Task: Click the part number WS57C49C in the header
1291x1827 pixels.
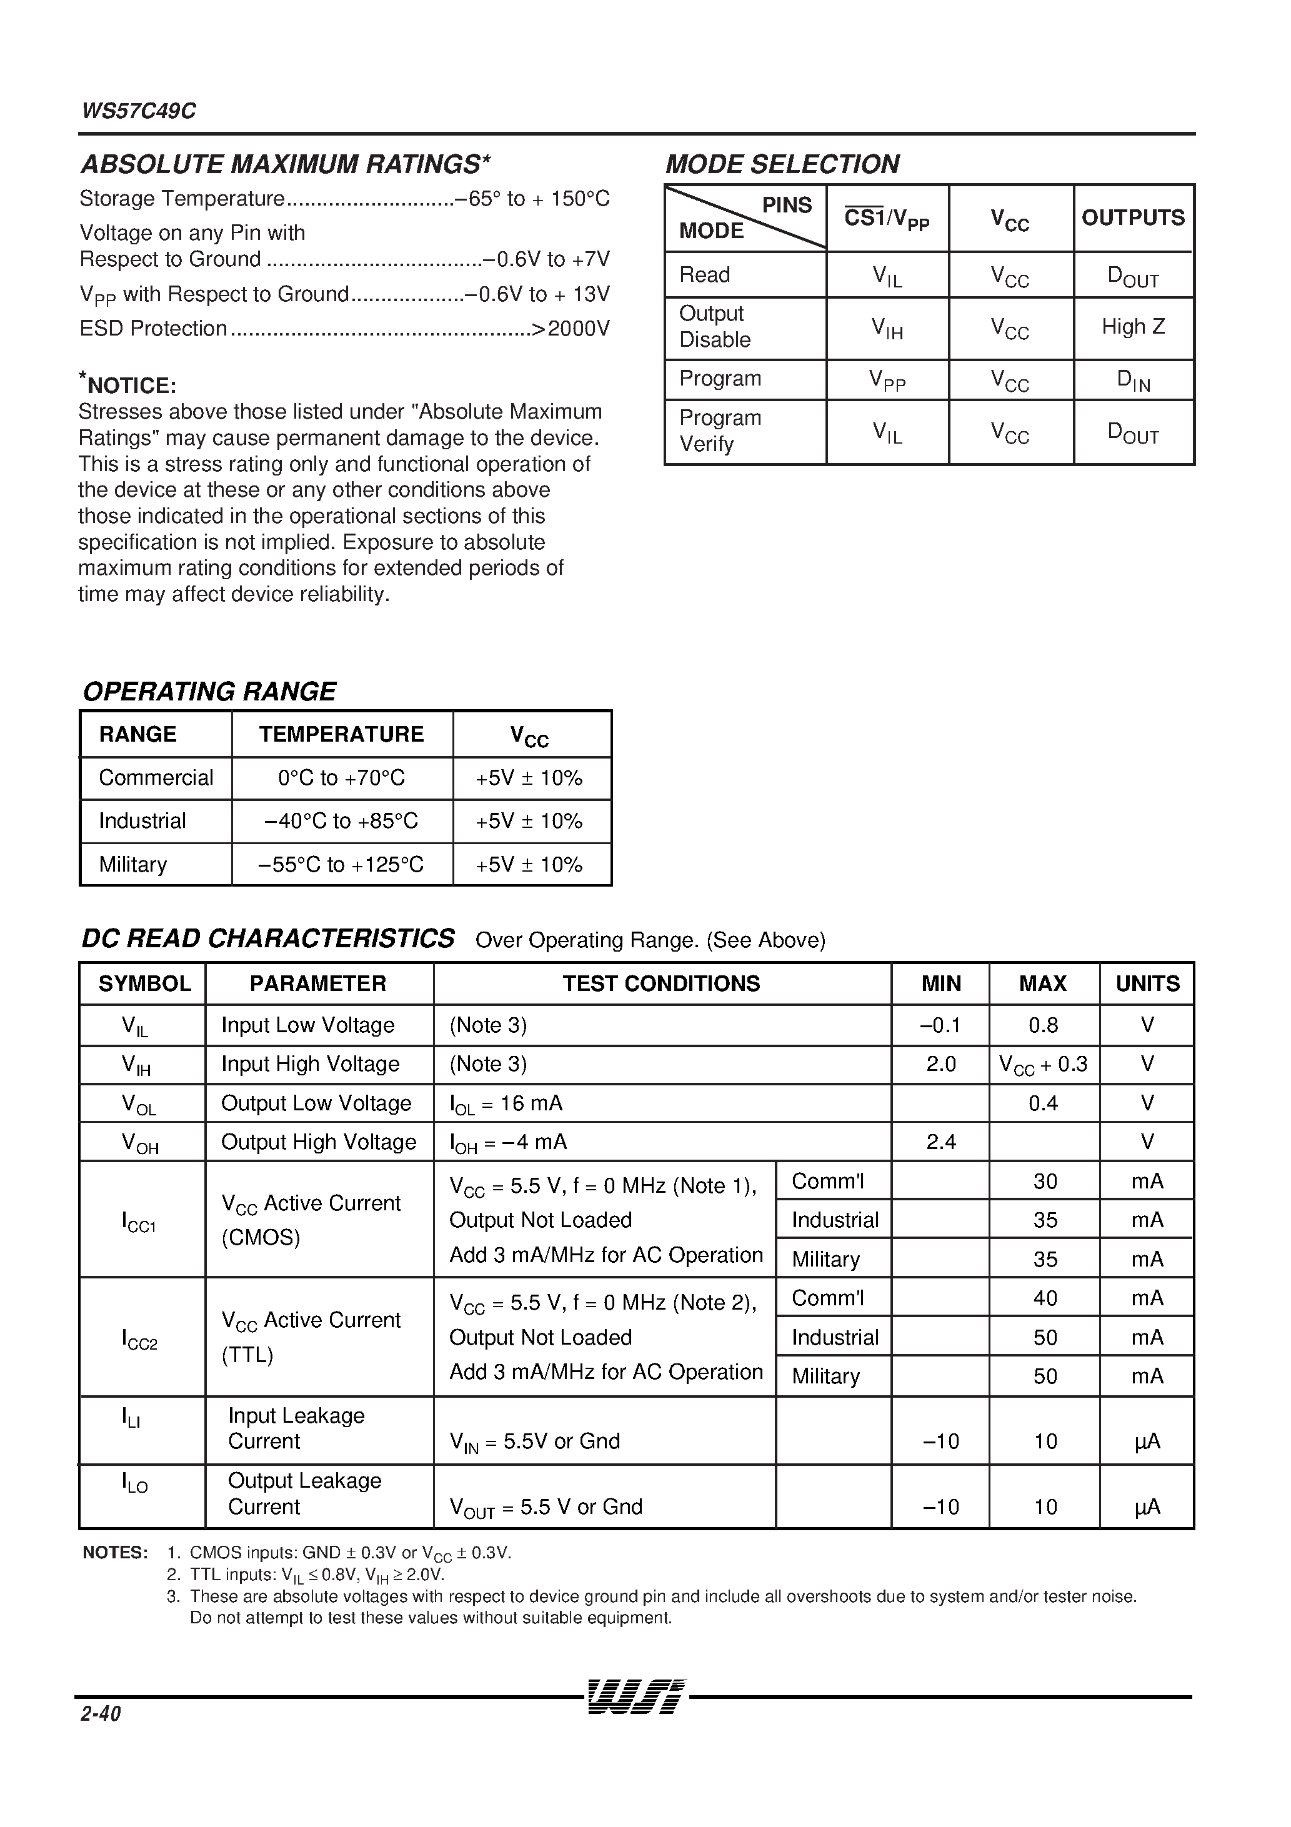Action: [139, 111]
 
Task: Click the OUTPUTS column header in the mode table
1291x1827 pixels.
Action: [1133, 218]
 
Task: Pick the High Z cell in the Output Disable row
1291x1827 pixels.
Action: [1133, 326]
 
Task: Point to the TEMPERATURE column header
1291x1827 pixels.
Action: [341, 734]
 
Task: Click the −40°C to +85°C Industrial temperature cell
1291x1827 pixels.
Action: [341, 820]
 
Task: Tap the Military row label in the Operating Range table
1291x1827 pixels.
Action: [133, 864]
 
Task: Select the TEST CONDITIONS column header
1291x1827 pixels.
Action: [660, 983]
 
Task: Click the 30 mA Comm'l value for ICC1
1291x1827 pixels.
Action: [1044, 1181]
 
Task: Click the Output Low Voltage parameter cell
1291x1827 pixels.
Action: [316, 1103]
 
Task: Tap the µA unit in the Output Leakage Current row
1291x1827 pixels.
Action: [1146, 1506]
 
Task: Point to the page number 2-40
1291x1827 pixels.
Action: [100, 1713]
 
